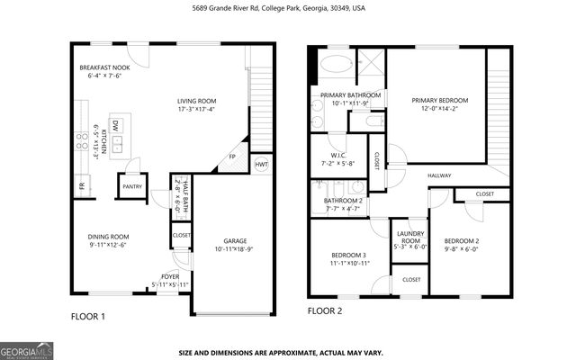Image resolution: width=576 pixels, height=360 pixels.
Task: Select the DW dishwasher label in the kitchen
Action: pos(116,127)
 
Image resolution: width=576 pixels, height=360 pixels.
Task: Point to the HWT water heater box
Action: pos(261,164)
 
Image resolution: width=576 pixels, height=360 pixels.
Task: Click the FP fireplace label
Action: pos(232,157)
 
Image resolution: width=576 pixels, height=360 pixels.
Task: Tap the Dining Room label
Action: pos(108,237)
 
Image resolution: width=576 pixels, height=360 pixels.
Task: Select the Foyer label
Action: pos(170,277)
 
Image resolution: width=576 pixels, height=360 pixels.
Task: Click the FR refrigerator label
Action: pos(80,186)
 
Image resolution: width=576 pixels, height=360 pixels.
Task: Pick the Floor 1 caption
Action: pos(88,316)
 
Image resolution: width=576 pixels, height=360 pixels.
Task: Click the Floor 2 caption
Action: pos(325,311)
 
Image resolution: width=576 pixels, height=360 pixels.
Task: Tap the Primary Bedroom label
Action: pos(436,101)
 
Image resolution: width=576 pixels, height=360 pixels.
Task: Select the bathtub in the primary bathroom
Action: pos(339,65)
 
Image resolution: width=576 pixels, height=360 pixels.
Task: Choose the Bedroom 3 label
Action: pos(346,256)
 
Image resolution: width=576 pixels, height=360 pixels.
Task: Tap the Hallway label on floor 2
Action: pos(439,175)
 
